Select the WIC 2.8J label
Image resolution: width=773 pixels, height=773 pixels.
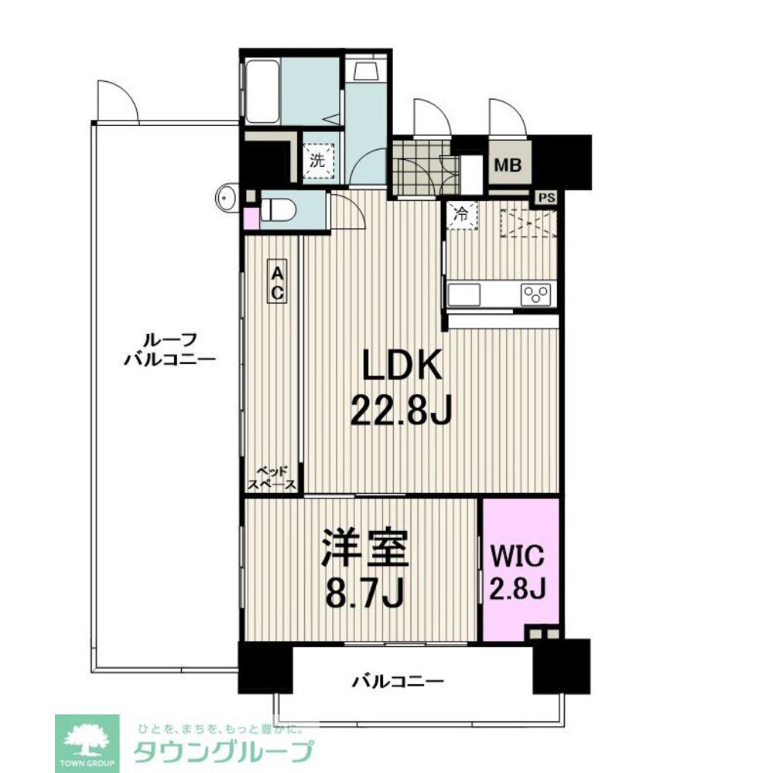519,572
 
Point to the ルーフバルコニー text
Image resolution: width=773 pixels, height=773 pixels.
169,349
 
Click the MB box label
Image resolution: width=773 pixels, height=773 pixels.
508,165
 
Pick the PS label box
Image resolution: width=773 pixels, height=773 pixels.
547,197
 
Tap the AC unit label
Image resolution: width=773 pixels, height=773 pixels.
277,281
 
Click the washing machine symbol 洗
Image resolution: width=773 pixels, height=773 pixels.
319,161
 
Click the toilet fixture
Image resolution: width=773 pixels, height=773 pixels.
276,209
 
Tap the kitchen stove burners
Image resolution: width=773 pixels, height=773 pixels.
535,295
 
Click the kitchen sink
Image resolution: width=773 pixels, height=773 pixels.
464,295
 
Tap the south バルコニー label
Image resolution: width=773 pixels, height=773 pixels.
398,681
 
